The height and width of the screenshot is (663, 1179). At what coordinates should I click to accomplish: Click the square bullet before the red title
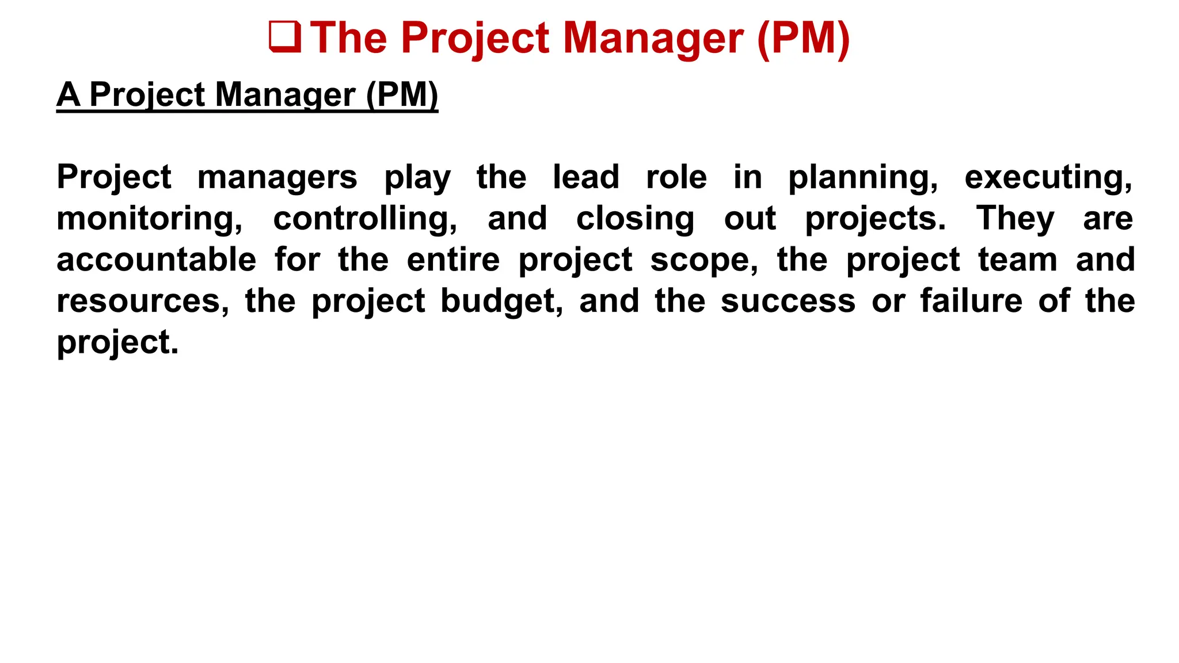coord(285,37)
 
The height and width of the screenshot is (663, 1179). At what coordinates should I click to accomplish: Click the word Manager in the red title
coord(653,39)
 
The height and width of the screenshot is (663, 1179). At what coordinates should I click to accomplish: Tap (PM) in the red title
coord(804,39)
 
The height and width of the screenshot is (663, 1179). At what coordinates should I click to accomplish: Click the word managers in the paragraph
coord(277,177)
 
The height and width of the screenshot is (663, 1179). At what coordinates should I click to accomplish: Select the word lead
coord(586,177)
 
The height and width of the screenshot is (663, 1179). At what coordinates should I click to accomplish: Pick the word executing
coord(1048,177)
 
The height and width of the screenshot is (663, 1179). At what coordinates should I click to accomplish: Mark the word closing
coord(636,219)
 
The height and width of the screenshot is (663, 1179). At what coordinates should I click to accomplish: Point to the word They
coord(1016,219)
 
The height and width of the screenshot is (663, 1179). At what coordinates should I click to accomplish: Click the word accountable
coord(157,260)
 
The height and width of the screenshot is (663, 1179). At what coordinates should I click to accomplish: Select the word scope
coord(705,261)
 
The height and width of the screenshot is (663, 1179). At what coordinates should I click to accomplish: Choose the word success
coord(788,302)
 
